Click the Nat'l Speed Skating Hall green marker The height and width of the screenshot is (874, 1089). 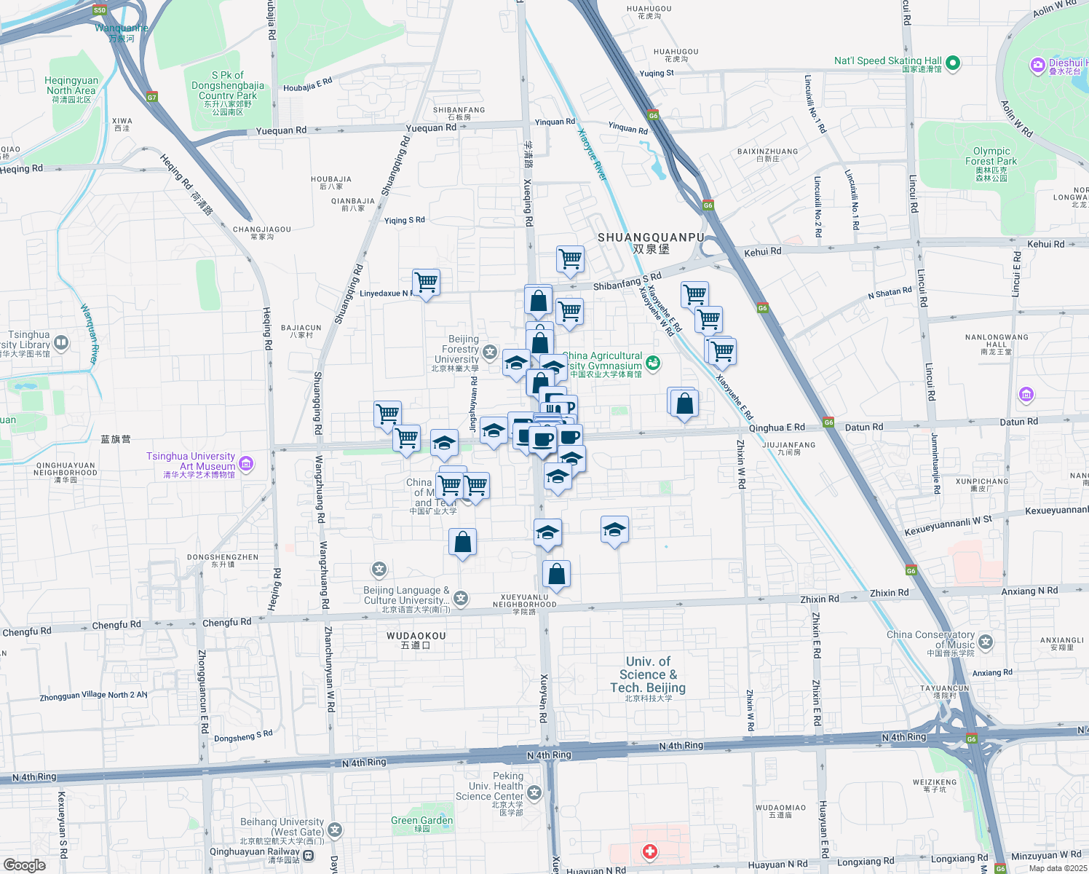click(953, 63)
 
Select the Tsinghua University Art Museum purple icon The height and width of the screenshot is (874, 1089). click(246, 462)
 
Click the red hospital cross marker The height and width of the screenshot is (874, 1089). click(649, 851)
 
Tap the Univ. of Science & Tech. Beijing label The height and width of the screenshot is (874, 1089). click(648, 674)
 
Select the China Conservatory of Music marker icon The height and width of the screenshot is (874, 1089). click(986, 642)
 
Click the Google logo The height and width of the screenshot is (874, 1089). click(24, 865)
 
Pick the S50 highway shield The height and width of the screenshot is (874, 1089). click(100, 10)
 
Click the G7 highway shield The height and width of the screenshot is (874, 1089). click(151, 97)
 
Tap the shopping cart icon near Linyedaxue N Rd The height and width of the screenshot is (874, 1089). click(426, 282)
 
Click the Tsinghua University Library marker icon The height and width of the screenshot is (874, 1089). click(61, 342)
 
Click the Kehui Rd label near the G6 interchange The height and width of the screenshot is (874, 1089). click(762, 252)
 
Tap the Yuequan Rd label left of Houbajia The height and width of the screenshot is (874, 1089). click(281, 131)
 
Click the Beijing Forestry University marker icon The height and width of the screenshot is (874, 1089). click(490, 353)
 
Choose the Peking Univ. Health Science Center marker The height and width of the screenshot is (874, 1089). click(535, 792)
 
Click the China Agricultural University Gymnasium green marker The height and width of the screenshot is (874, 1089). click(653, 362)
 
